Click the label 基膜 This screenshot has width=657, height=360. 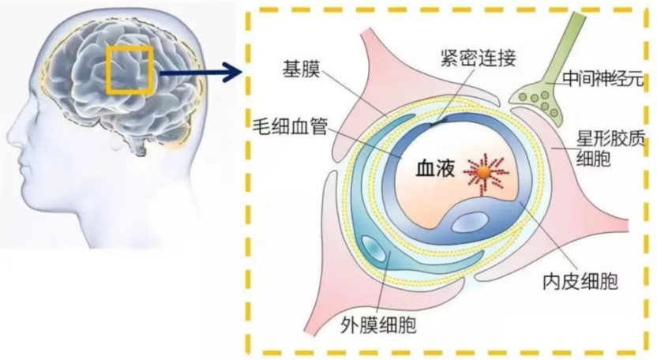click(302, 69)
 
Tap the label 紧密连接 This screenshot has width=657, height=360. click(478, 58)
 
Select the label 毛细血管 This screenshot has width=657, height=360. click(290, 126)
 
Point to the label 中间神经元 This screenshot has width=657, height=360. click(603, 79)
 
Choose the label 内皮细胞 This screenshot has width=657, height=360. click(580, 282)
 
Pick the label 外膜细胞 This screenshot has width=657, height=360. click(378, 324)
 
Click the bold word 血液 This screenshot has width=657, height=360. click(435, 169)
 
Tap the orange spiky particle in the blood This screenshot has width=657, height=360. click(485, 172)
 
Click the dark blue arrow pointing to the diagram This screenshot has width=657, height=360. click(201, 73)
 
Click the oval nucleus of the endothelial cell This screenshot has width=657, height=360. click(469, 221)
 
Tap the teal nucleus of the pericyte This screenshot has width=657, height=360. click(374, 248)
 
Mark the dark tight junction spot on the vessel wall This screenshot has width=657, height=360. click(437, 122)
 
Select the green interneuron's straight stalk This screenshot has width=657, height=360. click(565, 47)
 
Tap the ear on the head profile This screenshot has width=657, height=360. click(115, 141)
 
